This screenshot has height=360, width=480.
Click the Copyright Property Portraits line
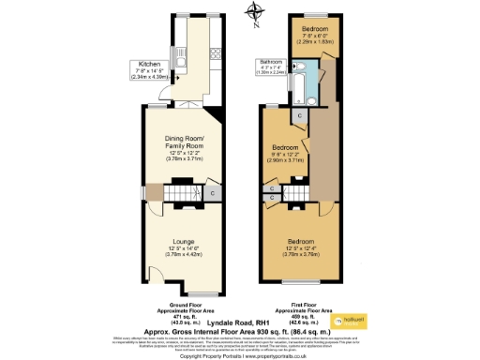click(241, 355)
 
